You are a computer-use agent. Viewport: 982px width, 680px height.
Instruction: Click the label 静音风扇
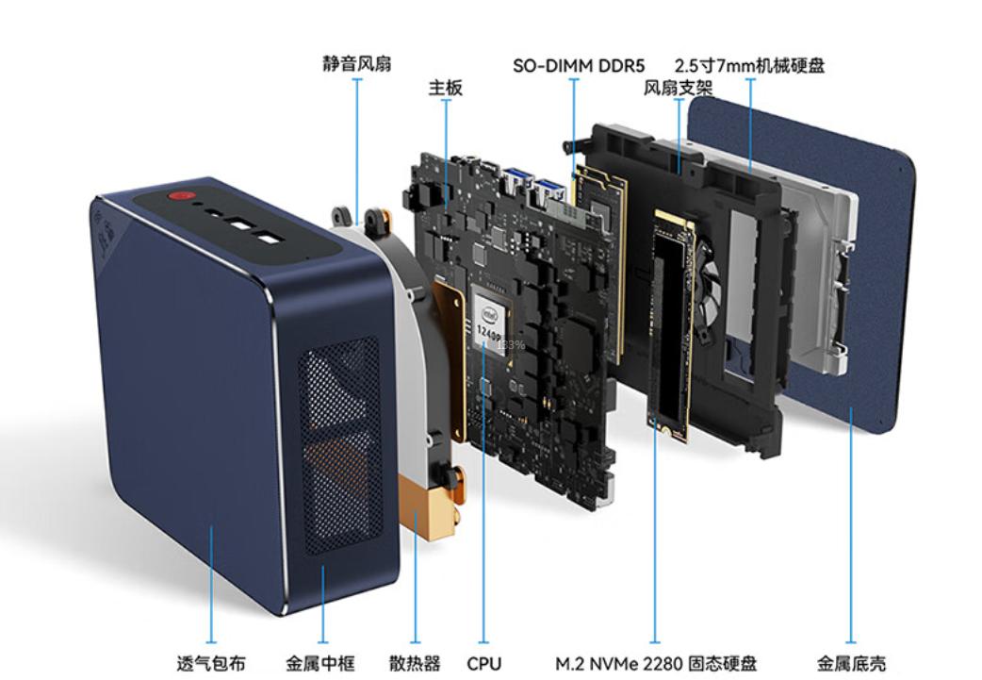point(356,65)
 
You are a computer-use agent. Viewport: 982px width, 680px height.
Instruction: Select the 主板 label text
point(446,88)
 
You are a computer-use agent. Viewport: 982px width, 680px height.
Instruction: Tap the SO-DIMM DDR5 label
point(579,66)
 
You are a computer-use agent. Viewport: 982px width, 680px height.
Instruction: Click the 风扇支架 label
point(678,89)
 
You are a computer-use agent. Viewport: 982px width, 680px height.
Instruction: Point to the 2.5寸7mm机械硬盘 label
point(749,66)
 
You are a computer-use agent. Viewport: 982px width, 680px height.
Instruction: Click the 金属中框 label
point(320,663)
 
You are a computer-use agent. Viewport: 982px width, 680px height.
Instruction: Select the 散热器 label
point(415,663)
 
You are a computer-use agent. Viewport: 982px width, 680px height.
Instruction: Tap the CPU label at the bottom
point(483,663)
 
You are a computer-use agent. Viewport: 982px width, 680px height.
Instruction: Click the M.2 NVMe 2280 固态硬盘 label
point(655,663)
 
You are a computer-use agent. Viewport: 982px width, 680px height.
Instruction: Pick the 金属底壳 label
point(851,663)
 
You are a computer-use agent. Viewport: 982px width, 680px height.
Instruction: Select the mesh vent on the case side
point(338,443)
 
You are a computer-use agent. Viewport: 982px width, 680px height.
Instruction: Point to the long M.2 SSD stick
point(670,330)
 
